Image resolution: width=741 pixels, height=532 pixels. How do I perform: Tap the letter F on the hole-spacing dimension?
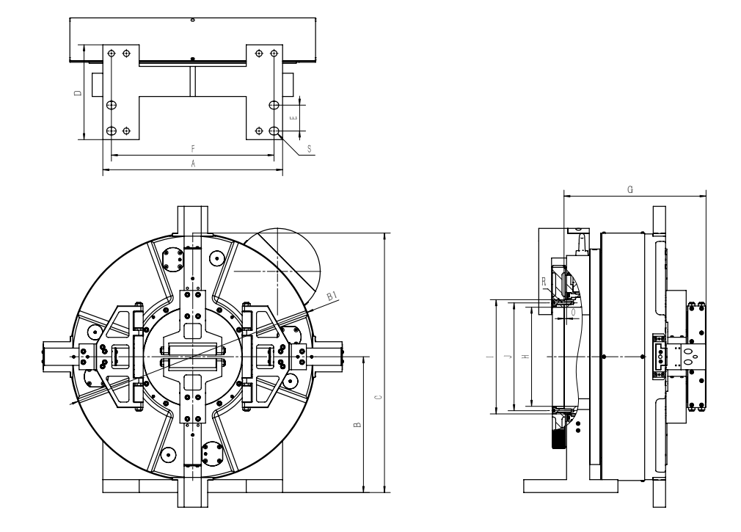click(193, 150)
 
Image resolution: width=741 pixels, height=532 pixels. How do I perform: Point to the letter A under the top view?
click(193, 165)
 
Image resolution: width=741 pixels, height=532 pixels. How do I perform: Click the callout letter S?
click(309, 149)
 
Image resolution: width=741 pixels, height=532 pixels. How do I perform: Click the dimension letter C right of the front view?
click(377, 398)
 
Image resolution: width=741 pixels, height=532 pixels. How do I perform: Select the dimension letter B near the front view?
click(357, 425)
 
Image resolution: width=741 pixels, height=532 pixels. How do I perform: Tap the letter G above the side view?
click(631, 189)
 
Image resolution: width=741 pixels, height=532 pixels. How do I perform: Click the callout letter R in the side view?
click(544, 281)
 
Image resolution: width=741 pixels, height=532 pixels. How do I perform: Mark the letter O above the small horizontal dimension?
click(573, 313)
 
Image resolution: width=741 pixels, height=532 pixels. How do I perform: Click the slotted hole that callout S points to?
click(274, 131)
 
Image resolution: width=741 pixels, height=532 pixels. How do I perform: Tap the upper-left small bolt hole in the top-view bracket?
click(111, 54)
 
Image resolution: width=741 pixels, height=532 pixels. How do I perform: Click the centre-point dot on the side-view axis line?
click(603, 357)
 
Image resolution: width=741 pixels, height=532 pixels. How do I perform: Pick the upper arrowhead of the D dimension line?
click(85, 45)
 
